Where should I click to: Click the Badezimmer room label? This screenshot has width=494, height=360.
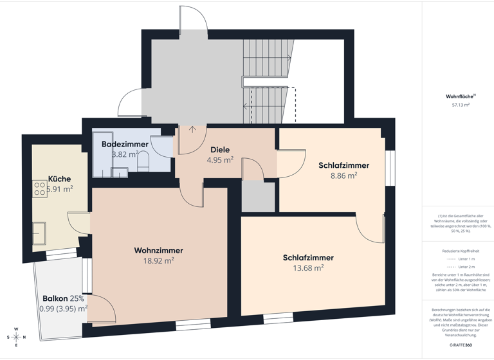pyautogui.click(x=125, y=145)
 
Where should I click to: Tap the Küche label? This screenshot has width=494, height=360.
pyautogui.click(x=60, y=179)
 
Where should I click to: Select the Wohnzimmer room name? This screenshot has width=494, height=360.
pyautogui.click(x=158, y=250)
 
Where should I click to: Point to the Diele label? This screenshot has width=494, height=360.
pyautogui.click(x=220, y=150)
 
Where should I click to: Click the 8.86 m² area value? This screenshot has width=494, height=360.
pyautogui.click(x=343, y=175)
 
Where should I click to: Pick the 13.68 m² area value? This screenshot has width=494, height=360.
pyautogui.click(x=308, y=268)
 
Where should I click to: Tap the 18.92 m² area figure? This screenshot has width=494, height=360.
pyautogui.click(x=158, y=261)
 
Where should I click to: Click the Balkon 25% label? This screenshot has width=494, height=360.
pyautogui.click(x=64, y=298)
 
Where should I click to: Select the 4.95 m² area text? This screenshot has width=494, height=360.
pyautogui.click(x=220, y=160)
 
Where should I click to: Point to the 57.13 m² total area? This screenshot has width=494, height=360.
pyautogui.click(x=461, y=104)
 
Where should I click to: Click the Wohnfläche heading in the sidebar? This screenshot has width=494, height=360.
pyautogui.click(x=459, y=96)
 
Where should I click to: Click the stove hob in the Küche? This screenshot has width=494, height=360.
pyautogui.click(x=39, y=188)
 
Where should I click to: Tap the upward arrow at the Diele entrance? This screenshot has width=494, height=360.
pyautogui.click(x=192, y=130)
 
